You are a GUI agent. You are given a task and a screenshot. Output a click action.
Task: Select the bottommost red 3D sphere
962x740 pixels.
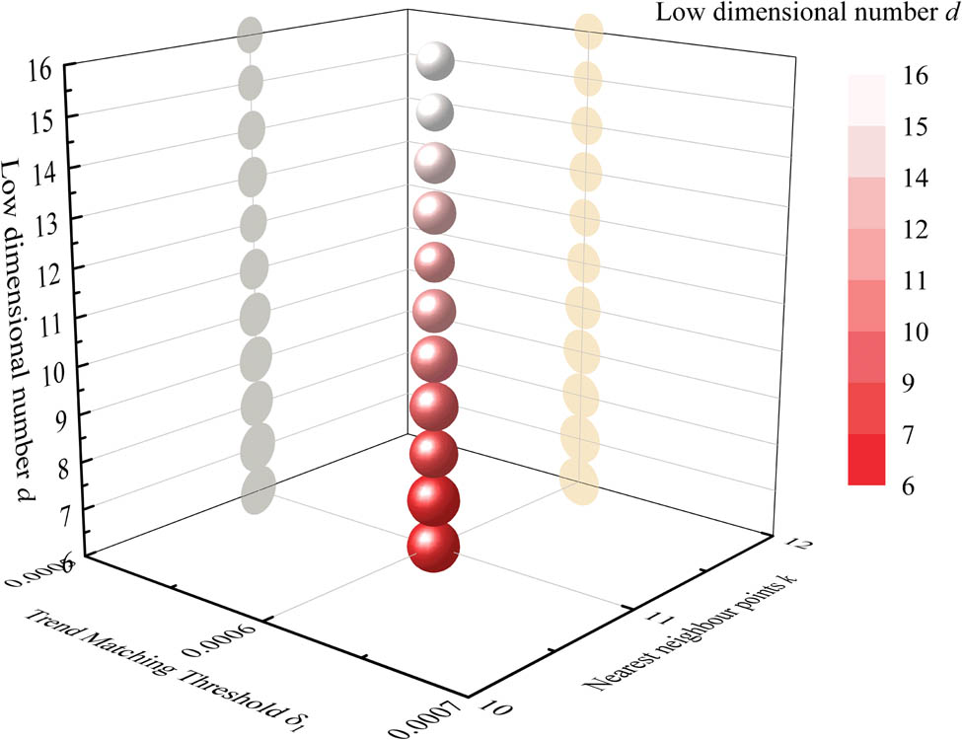pos(433,548)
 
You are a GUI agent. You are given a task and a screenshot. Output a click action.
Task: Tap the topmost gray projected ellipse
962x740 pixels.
pos(251,35)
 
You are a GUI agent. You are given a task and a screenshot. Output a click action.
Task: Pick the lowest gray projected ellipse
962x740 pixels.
pos(258,490)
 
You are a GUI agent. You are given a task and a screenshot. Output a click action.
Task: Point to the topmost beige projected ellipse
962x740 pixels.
pos(588,32)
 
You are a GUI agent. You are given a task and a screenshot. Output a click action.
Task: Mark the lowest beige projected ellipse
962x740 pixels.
pos(578,482)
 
